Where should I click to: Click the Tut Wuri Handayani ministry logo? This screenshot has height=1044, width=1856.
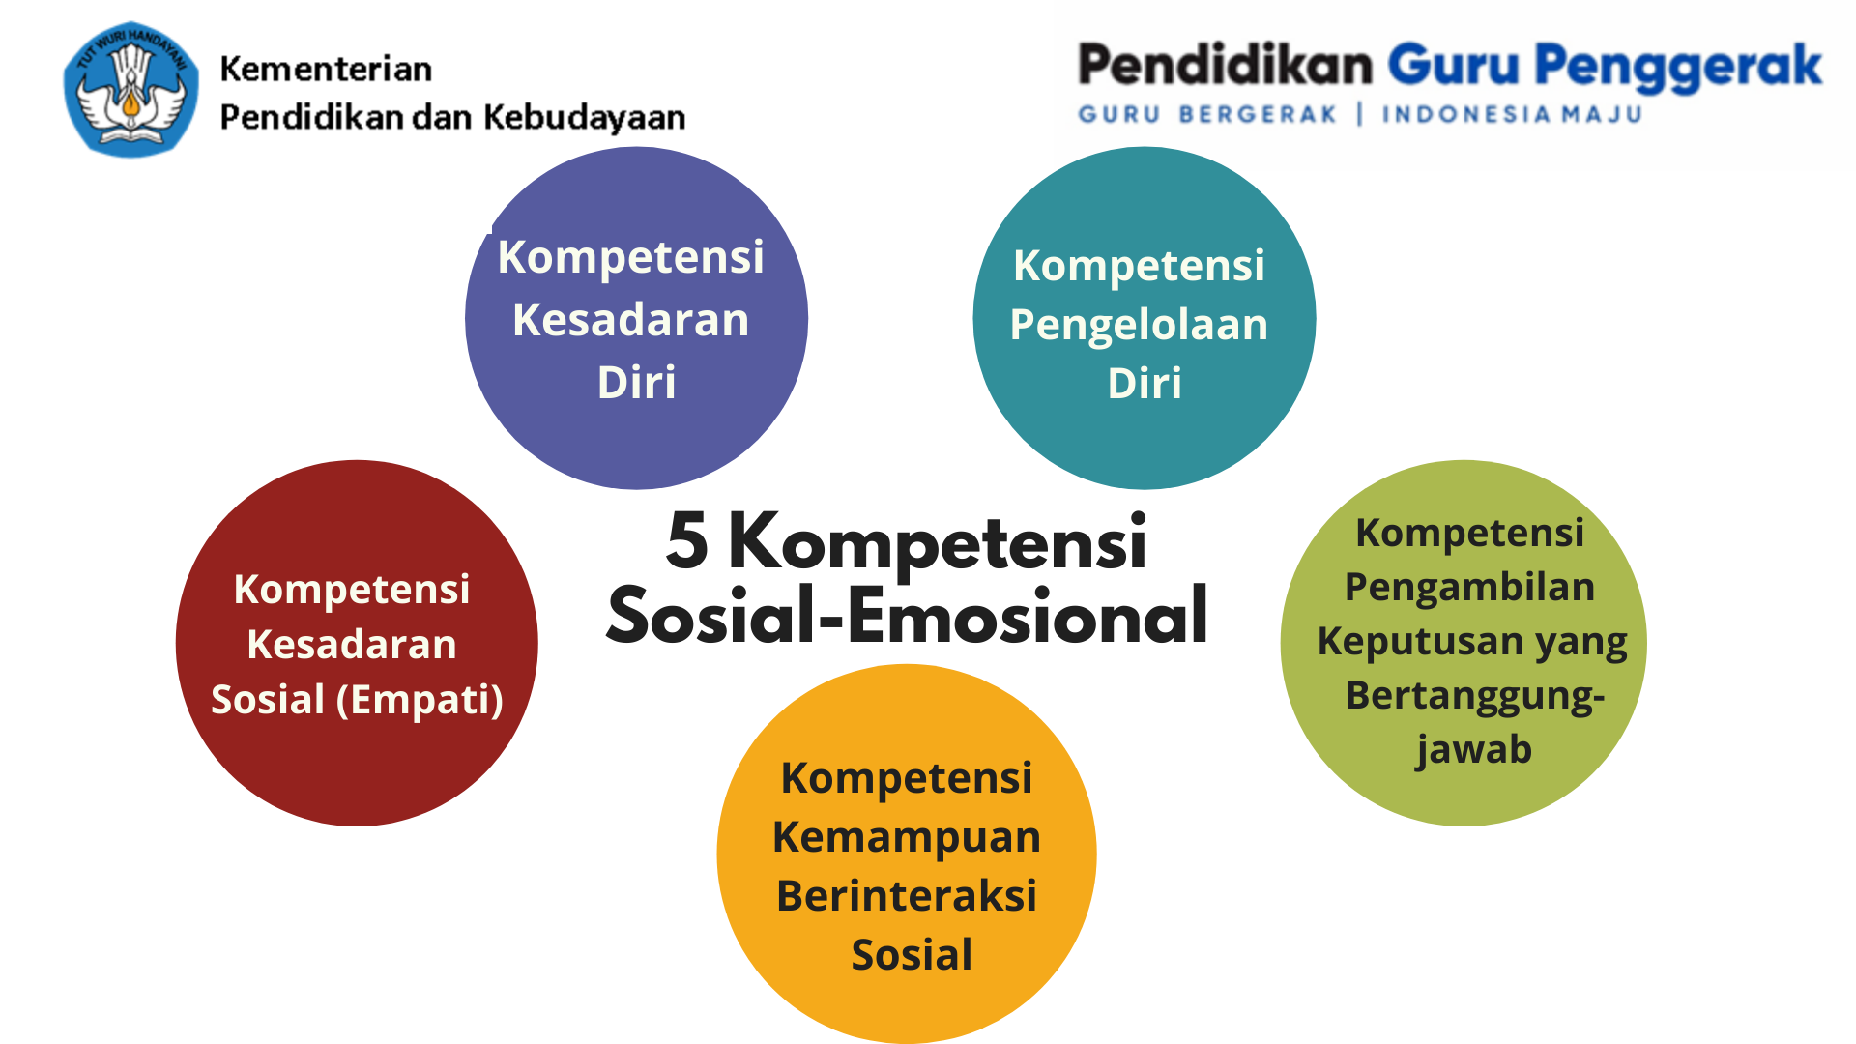131,90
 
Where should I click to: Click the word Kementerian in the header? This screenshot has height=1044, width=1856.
326,70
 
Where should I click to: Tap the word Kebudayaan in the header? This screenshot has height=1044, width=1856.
584,117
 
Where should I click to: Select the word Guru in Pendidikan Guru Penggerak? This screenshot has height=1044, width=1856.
1454,66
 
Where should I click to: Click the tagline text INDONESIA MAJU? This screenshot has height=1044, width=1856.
1512,115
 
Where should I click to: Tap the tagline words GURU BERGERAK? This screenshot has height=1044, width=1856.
1207,115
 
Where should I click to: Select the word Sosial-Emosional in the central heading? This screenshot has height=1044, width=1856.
907,616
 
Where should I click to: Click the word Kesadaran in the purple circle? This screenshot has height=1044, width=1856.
631,320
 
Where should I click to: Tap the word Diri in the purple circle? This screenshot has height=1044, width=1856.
636,383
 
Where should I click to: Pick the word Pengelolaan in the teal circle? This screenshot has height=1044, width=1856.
1139,325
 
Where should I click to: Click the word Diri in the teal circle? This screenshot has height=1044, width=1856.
1145,384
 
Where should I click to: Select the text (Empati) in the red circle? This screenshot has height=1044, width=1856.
420,700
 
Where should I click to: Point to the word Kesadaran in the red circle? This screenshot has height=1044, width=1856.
352,645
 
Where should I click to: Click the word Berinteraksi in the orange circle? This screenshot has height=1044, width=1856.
907,896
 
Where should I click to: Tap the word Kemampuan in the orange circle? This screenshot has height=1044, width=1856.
907,837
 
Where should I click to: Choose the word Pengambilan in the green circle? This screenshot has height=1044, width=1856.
1469,588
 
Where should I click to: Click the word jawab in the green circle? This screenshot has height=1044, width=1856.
1473,750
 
